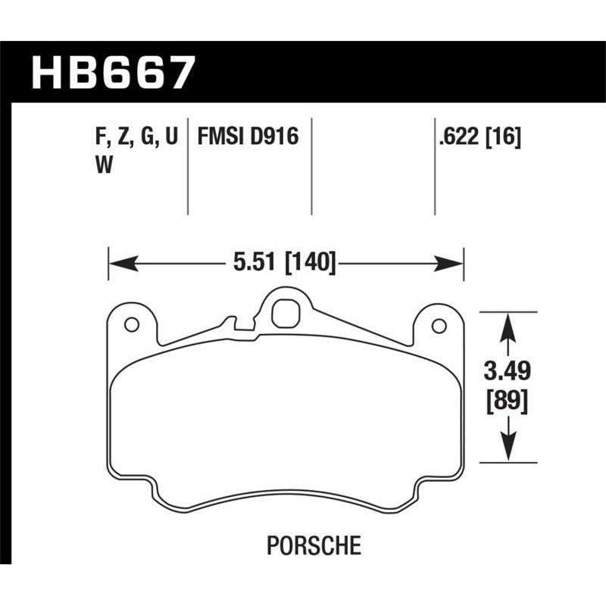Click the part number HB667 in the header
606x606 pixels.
pos(113,74)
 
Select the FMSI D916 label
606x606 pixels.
pos(248,137)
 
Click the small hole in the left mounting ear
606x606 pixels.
pos(130,325)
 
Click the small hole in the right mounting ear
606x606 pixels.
pos(437,326)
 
